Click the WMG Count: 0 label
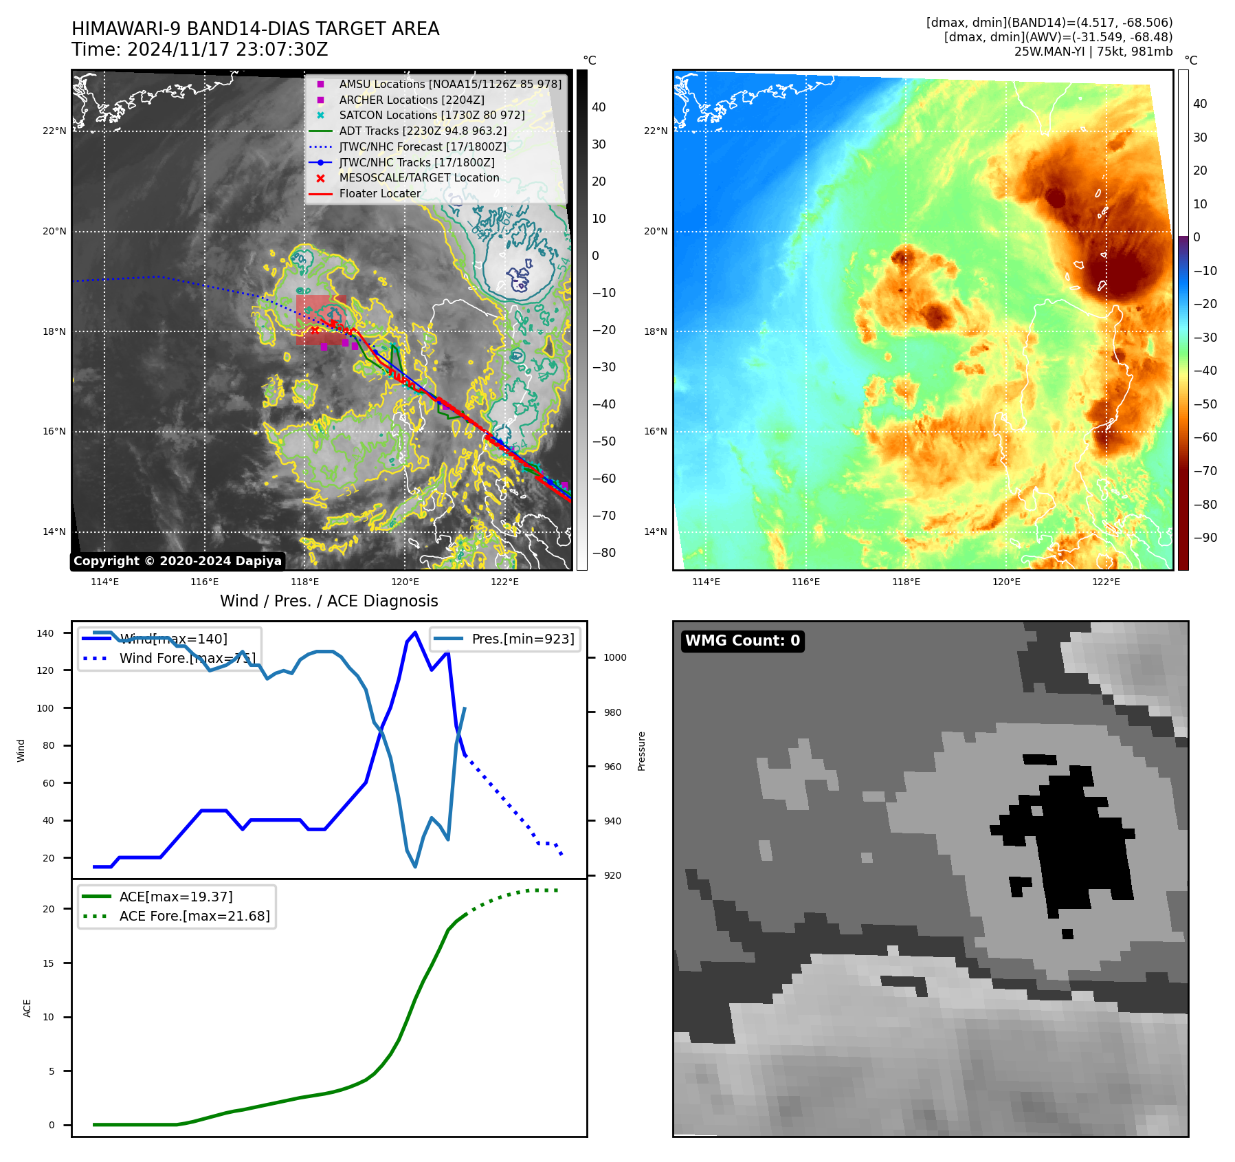point(742,641)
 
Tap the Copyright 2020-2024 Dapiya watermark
point(177,561)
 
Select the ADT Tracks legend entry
point(423,131)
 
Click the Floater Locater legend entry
point(379,193)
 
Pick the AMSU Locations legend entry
point(450,84)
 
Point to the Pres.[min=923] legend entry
point(522,639)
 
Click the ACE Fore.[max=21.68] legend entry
point(194,916)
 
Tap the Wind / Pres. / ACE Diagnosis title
point(329,601)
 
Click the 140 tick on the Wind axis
point(45,633)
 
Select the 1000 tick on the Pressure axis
point(614,657)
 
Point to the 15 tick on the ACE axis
point(48,963)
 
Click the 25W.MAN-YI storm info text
point(1093,52)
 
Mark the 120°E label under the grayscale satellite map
point(405,582)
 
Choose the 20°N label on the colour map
point(655,231)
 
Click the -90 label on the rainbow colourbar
point(1205,538)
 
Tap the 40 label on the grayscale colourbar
point(599,107)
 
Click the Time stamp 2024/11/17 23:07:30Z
point(200,50)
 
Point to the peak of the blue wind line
point(414,632)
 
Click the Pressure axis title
point(641,751)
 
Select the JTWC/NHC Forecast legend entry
point(422,146)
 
